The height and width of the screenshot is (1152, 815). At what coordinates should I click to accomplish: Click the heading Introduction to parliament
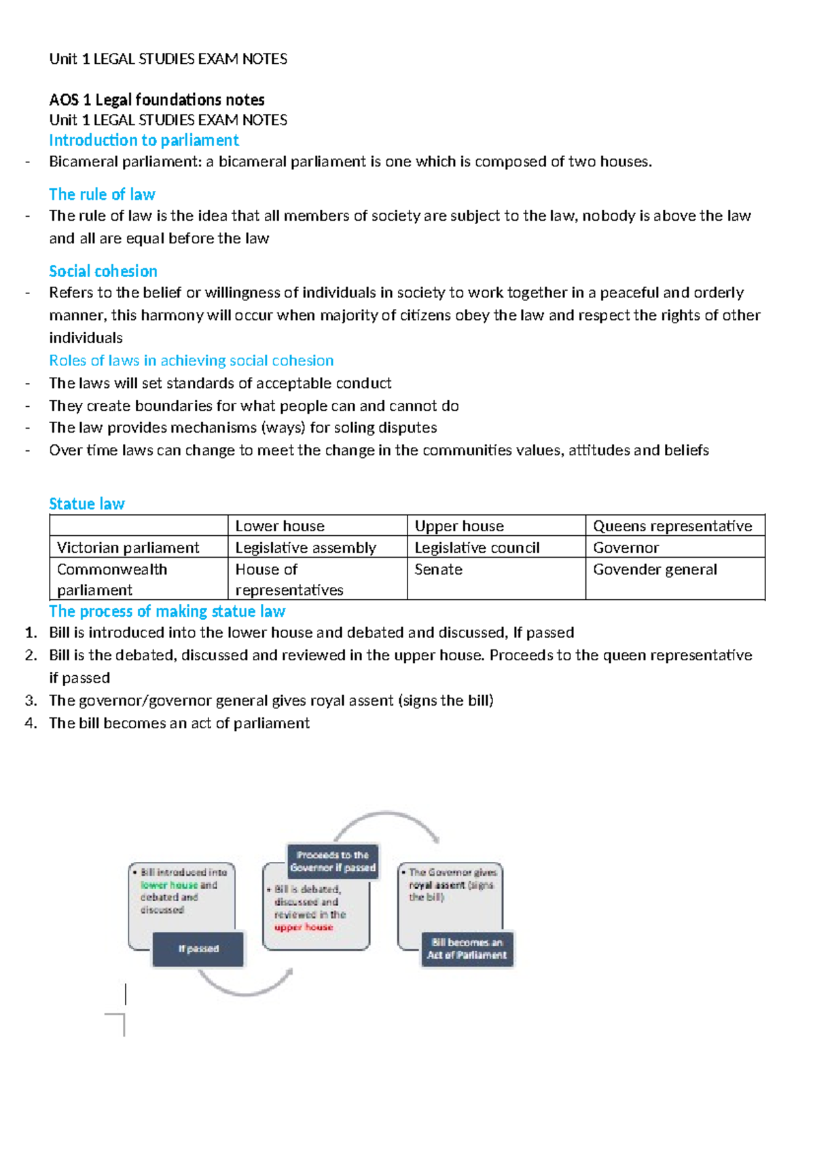143,141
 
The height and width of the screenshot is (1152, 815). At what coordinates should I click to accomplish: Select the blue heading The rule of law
102,195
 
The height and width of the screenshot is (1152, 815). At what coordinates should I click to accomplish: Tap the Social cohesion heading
103,272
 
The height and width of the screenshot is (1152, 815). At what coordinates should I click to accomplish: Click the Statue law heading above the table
86,504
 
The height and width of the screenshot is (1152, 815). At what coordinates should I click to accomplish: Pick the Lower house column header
280,526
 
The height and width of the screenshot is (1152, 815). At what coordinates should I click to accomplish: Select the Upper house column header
459,526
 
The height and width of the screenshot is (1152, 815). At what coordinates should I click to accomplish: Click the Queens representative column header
672,526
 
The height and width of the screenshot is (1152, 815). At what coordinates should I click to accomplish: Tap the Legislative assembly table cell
306,547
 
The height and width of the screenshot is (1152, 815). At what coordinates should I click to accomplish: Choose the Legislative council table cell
477,547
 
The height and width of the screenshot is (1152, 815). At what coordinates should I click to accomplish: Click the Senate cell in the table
438,569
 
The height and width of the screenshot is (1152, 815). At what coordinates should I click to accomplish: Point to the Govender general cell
655,569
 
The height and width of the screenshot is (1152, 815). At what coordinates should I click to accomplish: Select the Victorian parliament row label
128,547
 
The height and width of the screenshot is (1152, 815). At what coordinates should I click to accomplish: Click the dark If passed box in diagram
198,949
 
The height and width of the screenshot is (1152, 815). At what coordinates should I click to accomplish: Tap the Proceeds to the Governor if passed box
333,861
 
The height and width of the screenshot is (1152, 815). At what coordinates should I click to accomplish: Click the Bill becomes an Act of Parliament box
467,949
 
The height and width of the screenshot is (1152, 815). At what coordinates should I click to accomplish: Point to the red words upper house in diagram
304,927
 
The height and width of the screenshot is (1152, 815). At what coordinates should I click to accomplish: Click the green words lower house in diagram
169,885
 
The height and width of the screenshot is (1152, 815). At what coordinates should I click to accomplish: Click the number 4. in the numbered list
31,723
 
